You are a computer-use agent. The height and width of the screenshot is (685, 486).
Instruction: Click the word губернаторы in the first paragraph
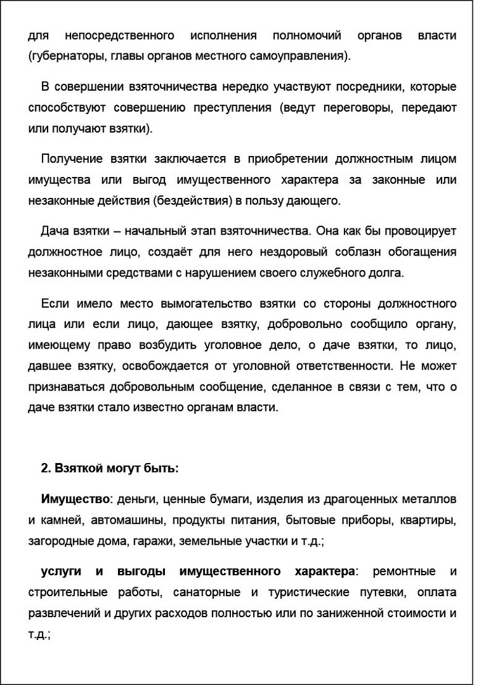point(63,56)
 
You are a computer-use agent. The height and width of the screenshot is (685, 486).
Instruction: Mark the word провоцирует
point(417,231)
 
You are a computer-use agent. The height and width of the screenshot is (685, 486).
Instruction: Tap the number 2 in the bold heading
point(44,469)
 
